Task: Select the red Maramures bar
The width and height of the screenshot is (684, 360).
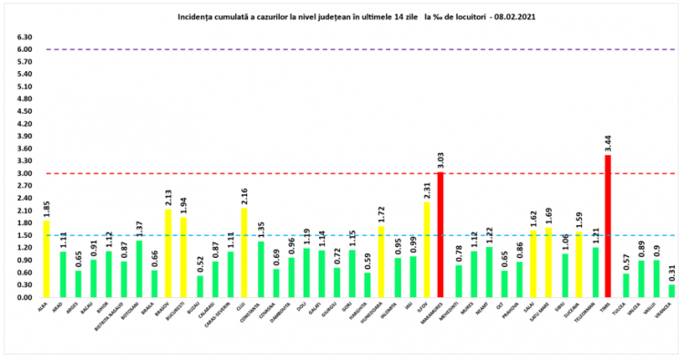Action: click(440, 234)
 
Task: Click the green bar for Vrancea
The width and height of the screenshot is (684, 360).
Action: click(672, 291)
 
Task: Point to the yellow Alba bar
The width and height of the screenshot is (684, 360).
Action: click(47, 259)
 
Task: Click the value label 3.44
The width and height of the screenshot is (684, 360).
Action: click(608, 143)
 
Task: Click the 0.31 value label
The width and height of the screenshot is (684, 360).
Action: click(672, 273)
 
